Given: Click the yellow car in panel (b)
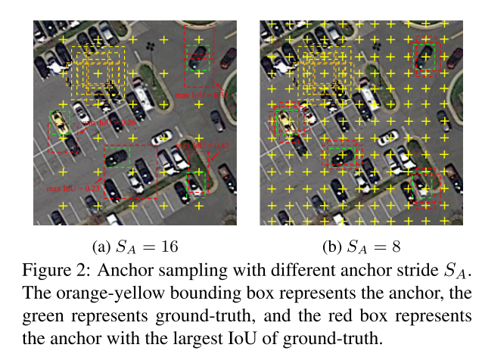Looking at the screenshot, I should pyautogui.click(x=287, y=121).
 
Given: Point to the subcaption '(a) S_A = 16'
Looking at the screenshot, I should pyautogui.click(x=134, y=246).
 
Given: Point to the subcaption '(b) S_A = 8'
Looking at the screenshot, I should pyautogui.click(x=362, y=246).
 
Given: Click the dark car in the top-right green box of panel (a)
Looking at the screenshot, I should pyautogui.click(x=199, y=57).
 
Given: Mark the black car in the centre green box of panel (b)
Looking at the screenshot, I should pyautogui.click(x=342, y=157).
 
